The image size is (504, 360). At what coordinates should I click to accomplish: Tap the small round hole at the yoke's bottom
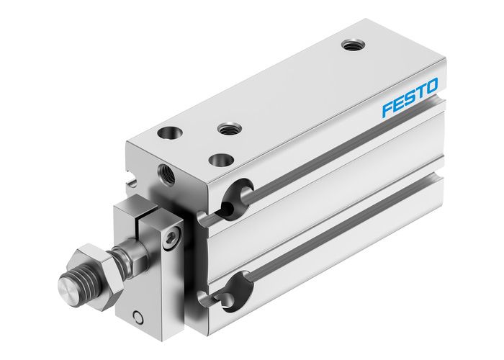coord(137,316)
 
